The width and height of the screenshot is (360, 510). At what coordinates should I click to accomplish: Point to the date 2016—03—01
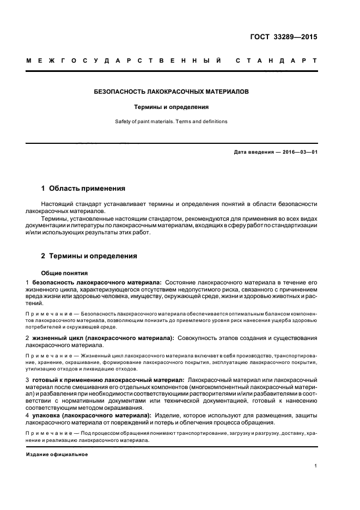tap(299, 152)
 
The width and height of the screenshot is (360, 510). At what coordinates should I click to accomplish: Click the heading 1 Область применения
tap(83, 189)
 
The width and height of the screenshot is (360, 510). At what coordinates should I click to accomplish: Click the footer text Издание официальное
tap(57, 454)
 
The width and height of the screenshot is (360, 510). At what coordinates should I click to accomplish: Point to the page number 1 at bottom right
tap(316, 466)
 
